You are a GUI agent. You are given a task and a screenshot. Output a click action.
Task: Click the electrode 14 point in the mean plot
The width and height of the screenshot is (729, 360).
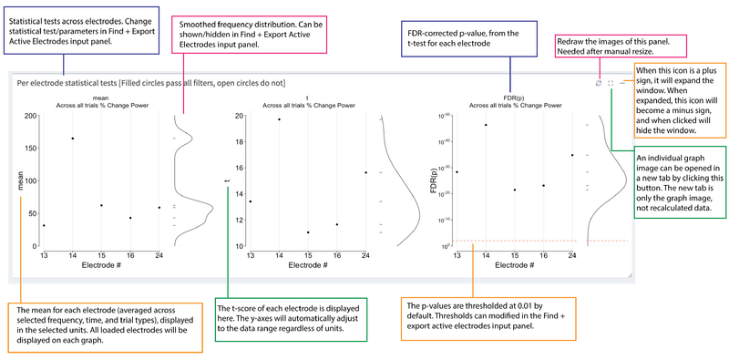[73, 139]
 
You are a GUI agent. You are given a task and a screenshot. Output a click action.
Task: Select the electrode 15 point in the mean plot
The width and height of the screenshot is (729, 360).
[101, 205]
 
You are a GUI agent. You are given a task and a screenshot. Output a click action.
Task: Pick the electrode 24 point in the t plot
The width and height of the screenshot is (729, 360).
[365, 172]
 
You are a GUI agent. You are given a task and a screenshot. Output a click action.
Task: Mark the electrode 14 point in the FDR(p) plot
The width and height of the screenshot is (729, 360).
[486, 125]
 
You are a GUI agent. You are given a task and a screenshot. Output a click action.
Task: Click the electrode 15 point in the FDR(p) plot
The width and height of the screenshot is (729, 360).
[515, 190]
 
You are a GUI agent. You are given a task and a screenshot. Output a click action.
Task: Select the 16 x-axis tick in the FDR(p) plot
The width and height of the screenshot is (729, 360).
[543, 256]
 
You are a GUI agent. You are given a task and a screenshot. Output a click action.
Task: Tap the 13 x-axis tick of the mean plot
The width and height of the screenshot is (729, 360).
[44, 256]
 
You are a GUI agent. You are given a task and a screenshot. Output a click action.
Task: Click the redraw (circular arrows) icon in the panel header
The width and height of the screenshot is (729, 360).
[598, 83]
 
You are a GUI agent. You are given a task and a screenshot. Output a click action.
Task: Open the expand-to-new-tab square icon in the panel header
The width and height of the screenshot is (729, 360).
[611, 83]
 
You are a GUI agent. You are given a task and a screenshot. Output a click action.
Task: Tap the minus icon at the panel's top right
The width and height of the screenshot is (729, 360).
[623, 83]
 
